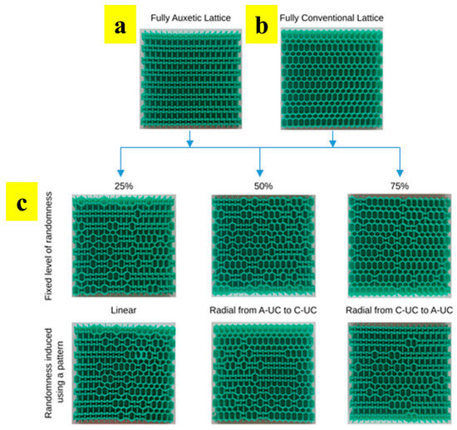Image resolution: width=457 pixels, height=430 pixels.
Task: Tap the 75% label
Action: (400, 185)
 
